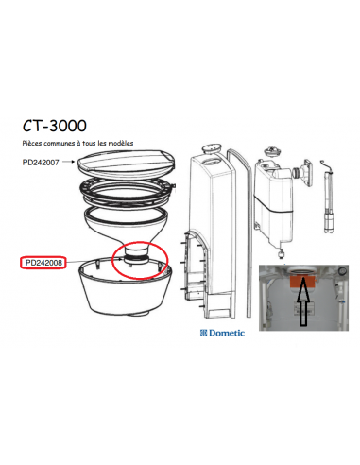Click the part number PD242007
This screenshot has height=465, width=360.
tap(42, 163)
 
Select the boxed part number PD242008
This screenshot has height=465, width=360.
tap(43, 263)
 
